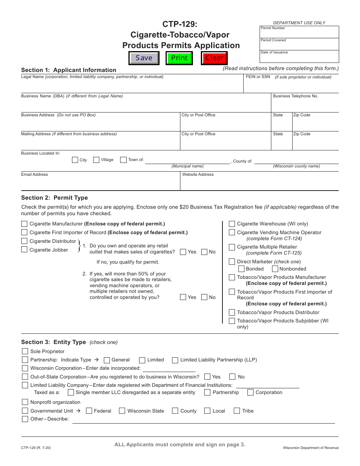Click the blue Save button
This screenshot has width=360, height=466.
click(144, 58)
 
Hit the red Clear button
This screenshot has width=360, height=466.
click(214, 58)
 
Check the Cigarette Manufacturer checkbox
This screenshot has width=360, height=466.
click(24, 224)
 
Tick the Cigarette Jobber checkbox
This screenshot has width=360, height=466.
click(24, 249)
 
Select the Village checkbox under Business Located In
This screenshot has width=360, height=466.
click(96, 160)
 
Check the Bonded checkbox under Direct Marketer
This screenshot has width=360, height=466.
click(241, 269)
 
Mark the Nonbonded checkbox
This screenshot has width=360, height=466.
click(275, 269)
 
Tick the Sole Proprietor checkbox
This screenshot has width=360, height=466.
click(25, 351)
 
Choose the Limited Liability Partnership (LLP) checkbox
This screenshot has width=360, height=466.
click(175, 360)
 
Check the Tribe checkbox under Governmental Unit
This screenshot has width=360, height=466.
click(237, 411)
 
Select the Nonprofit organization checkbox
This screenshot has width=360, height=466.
click(25, 402)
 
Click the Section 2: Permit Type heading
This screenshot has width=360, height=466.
click(55, 198)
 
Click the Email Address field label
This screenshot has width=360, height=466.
click(34, 175)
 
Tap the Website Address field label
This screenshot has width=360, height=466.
click(198, 175)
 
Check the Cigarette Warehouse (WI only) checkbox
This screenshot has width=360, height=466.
click(232, 224)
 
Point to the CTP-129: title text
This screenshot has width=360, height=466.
click(180, 24)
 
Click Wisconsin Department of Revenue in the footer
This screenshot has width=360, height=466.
click(311, 448)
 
